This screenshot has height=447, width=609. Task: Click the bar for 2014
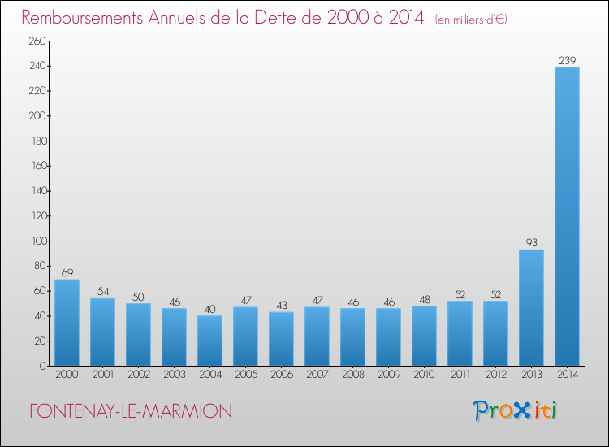point(567,216)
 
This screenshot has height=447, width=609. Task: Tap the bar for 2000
point(67,323)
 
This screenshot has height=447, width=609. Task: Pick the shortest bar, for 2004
point(209,341)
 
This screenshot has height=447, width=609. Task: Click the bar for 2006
point(281,339)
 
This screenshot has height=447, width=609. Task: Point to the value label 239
point(567,60)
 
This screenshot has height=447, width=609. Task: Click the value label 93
point(531,243)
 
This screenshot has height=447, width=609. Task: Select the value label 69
point(67,273)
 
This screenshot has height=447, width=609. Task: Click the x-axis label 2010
point(424,375)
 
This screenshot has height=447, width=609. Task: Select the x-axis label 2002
point(138,375)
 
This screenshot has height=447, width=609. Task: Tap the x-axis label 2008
point(352,375)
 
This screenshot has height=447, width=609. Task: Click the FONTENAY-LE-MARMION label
point(130,411)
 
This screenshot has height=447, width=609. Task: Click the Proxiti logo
point(516,410)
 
